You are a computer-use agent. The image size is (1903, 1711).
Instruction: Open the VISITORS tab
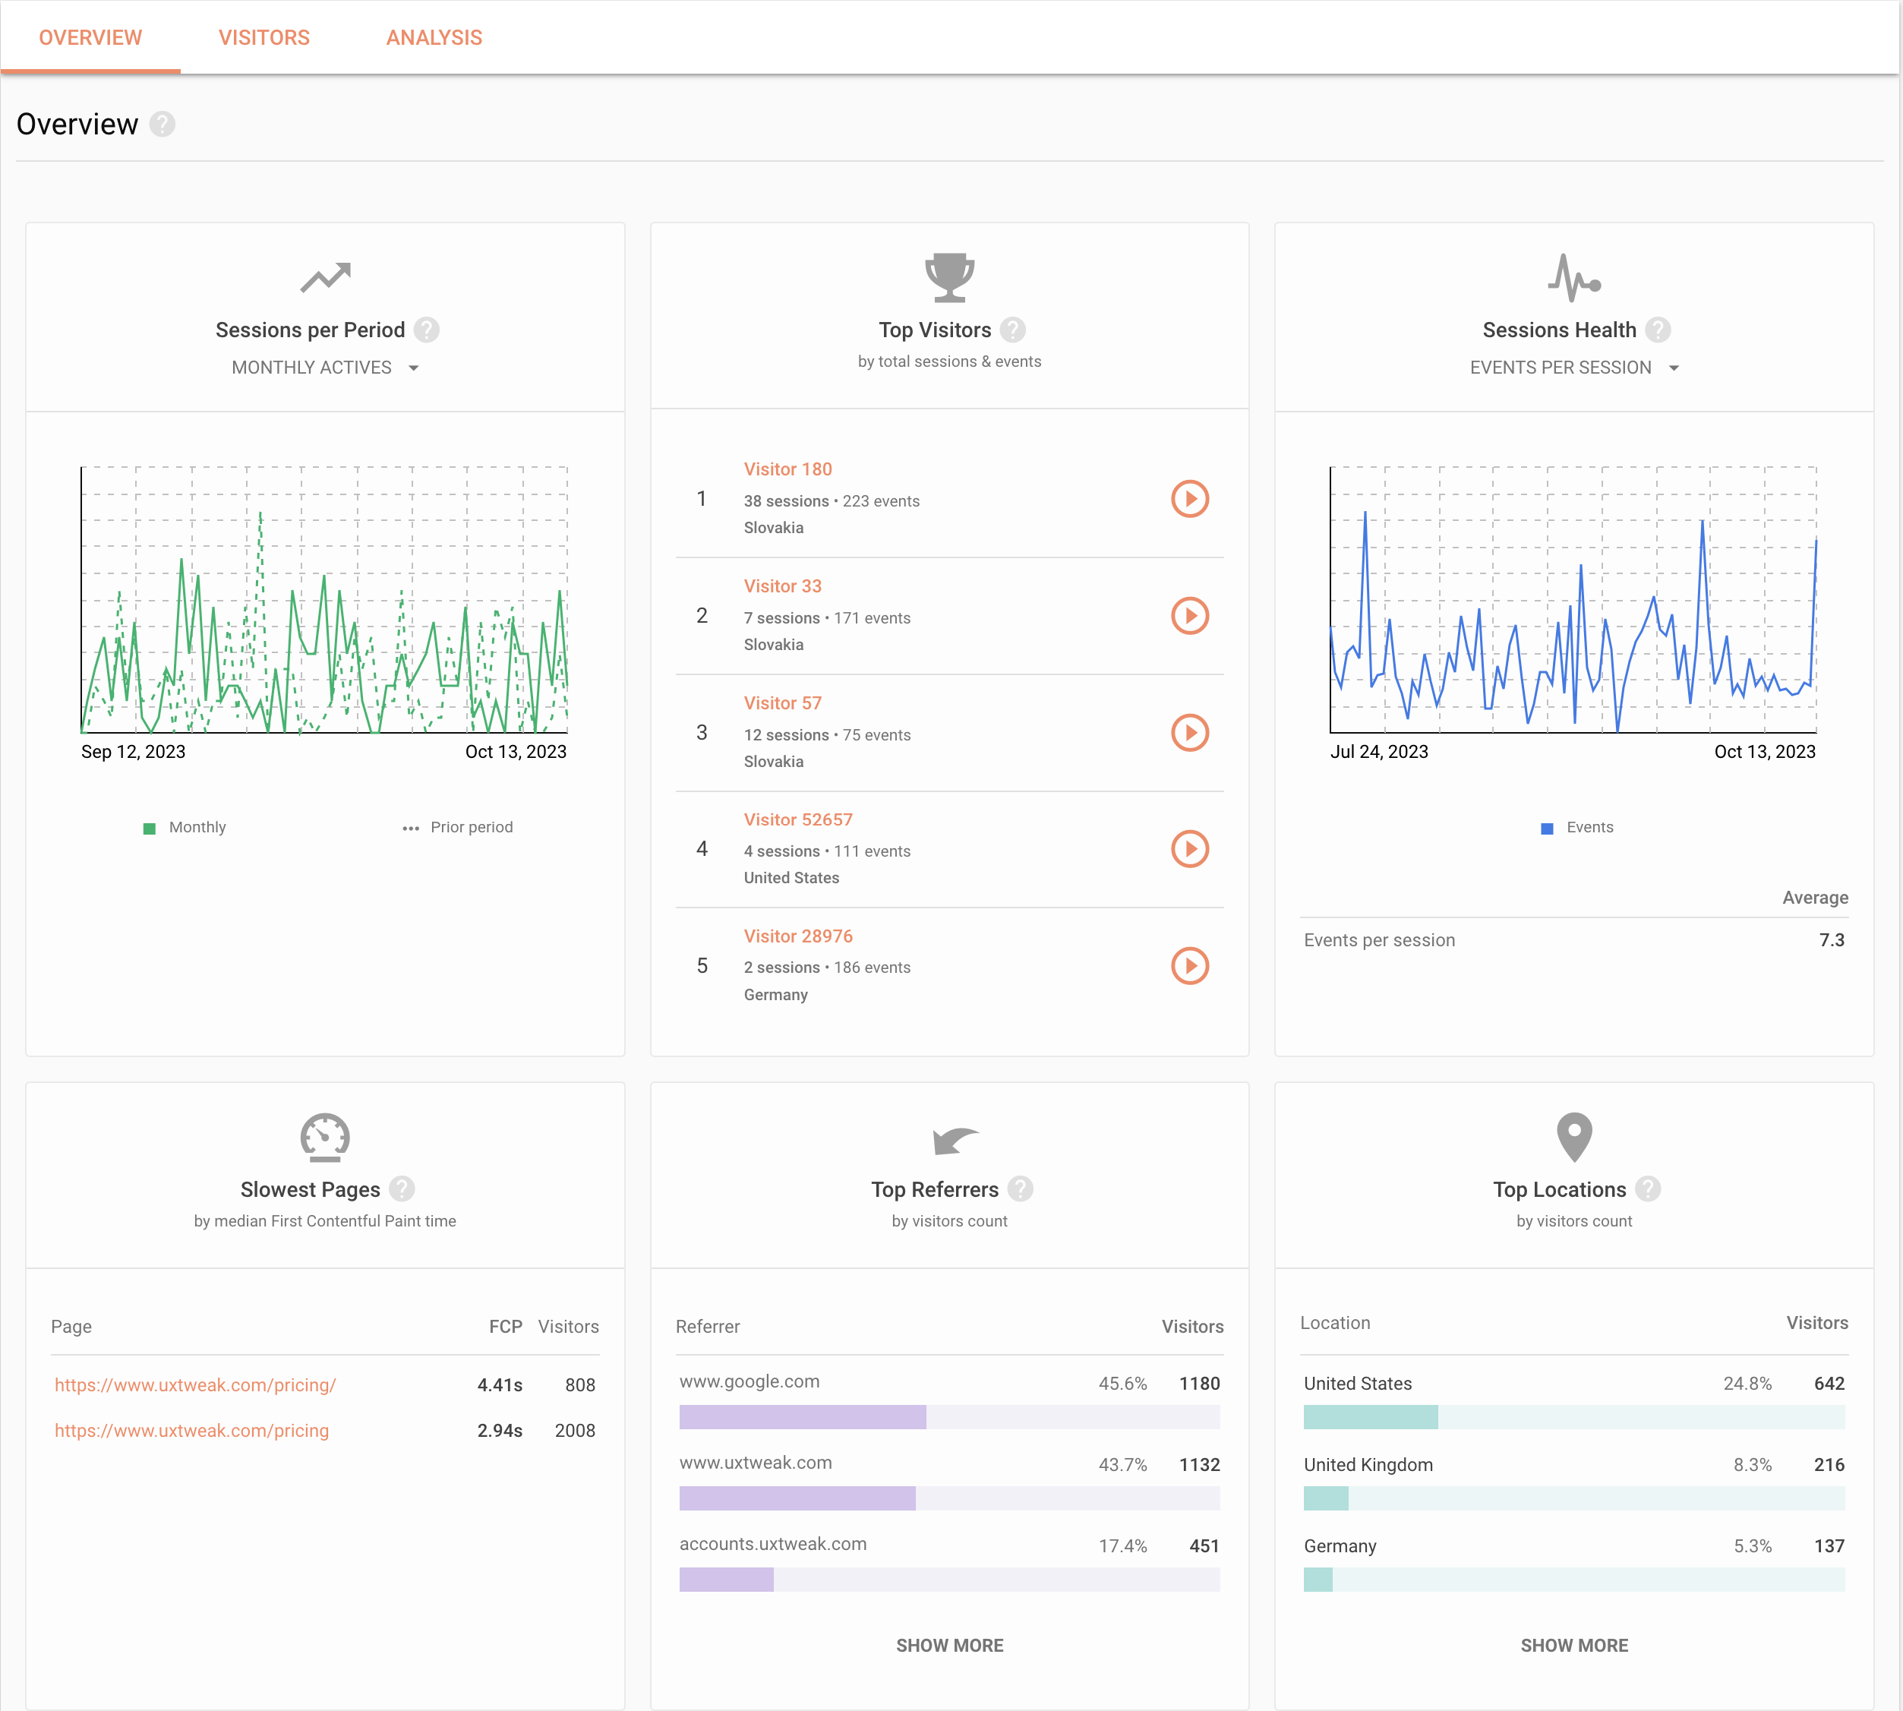264,38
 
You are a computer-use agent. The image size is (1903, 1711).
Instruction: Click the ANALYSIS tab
434,38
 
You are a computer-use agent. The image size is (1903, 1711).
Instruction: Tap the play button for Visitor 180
1189,499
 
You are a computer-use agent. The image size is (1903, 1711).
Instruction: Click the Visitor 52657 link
797,819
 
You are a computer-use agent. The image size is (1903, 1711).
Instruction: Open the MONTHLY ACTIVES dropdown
324,368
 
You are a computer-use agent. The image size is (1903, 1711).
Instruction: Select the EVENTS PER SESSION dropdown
1573,368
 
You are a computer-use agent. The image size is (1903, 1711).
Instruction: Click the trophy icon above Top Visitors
948,277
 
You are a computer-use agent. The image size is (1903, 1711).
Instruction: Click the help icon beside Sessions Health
1658,330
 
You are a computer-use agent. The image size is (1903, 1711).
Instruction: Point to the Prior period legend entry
459,827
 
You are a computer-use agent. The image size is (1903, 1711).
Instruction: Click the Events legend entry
1578,827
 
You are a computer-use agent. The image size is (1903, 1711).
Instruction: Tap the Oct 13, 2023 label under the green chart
516,752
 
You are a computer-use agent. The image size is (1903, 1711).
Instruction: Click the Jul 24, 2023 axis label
1378,752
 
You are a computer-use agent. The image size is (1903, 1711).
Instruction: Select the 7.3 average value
1831,940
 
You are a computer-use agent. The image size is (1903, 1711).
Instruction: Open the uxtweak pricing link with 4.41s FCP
194,1384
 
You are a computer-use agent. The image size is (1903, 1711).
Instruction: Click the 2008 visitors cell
575,1431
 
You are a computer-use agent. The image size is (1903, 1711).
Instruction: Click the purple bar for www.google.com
802,1417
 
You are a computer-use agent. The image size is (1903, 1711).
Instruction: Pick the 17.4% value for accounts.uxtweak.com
1122,1546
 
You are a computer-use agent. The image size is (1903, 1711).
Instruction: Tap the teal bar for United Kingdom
1326,1498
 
